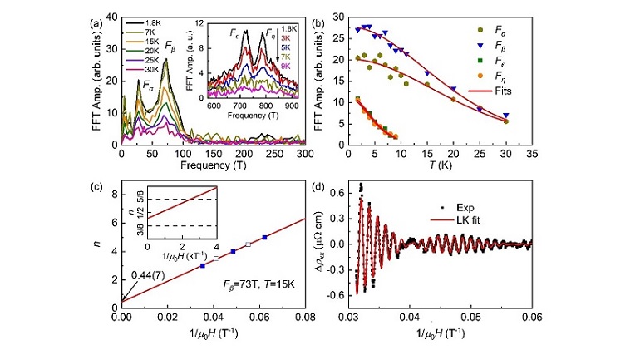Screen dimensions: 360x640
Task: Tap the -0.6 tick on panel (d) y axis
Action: click(x=336, y=294)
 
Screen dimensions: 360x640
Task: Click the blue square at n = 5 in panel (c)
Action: click(x=264, y=238)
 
